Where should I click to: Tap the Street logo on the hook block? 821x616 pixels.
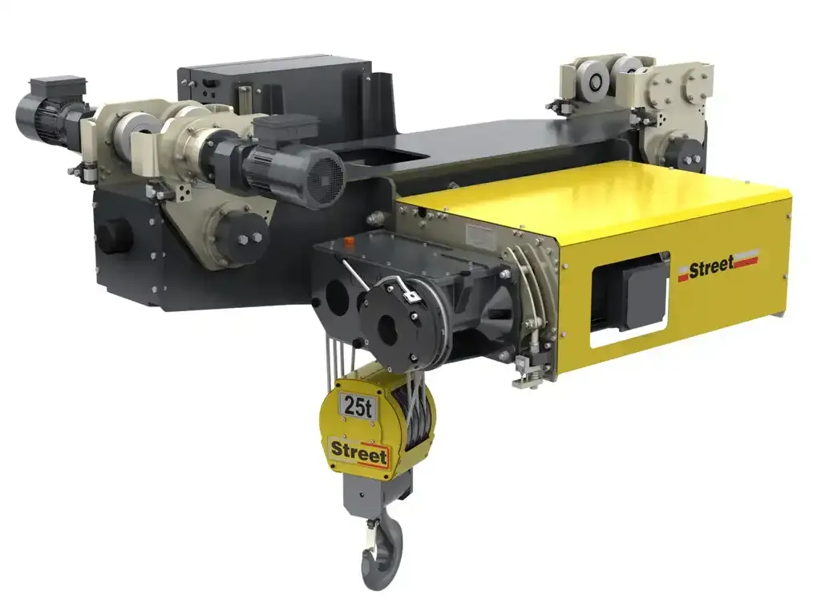(x=358, y=452)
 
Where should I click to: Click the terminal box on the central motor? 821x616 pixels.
(x=285, y=129)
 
